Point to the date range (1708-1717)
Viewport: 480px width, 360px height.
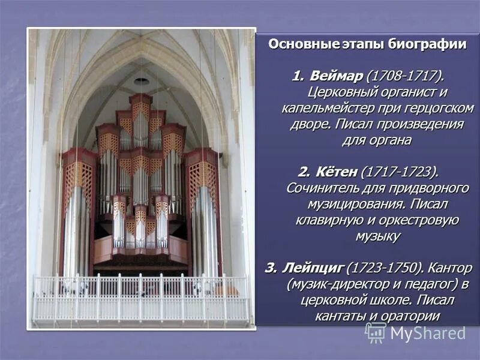coord(406,77)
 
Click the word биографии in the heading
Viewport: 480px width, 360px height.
coord(428,44)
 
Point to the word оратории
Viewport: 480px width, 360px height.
coord(411,316)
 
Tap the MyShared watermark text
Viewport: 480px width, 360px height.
coord(428,334)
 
